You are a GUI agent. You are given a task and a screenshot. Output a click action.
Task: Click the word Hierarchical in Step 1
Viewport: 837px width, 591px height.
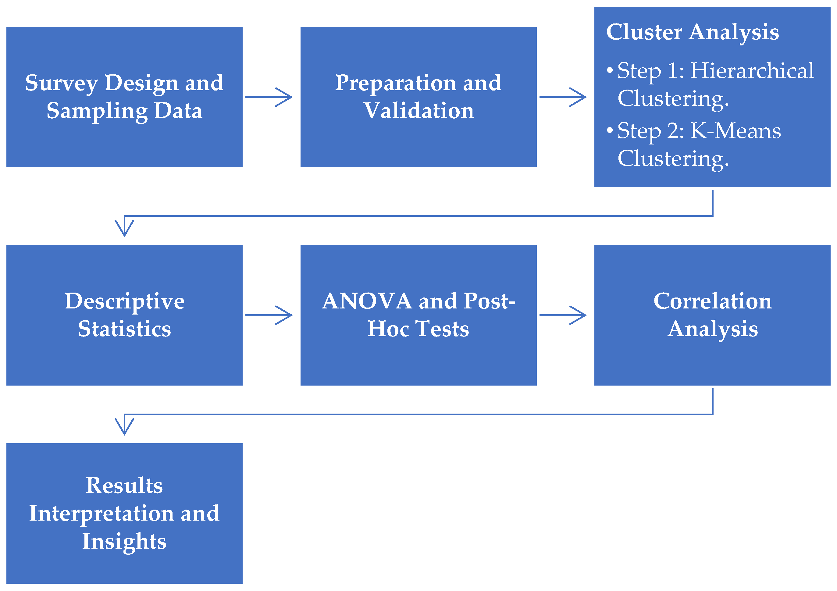(752, 70)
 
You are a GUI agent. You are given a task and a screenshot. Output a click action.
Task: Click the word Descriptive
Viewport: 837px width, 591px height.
(125, 302)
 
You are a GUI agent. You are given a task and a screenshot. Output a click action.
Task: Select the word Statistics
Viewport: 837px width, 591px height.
(125, 329)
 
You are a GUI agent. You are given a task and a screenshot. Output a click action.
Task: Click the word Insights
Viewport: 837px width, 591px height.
(124, 541)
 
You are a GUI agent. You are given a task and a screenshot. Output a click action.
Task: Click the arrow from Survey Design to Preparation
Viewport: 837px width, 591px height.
(269, 97)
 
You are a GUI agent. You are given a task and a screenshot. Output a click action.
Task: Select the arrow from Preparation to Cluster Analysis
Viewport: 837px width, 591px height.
(563, 97)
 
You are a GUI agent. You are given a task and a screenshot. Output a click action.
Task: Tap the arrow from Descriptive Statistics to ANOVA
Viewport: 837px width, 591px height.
(269, 315)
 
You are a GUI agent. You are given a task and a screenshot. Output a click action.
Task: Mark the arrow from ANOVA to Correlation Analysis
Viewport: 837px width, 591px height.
(563, 315)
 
